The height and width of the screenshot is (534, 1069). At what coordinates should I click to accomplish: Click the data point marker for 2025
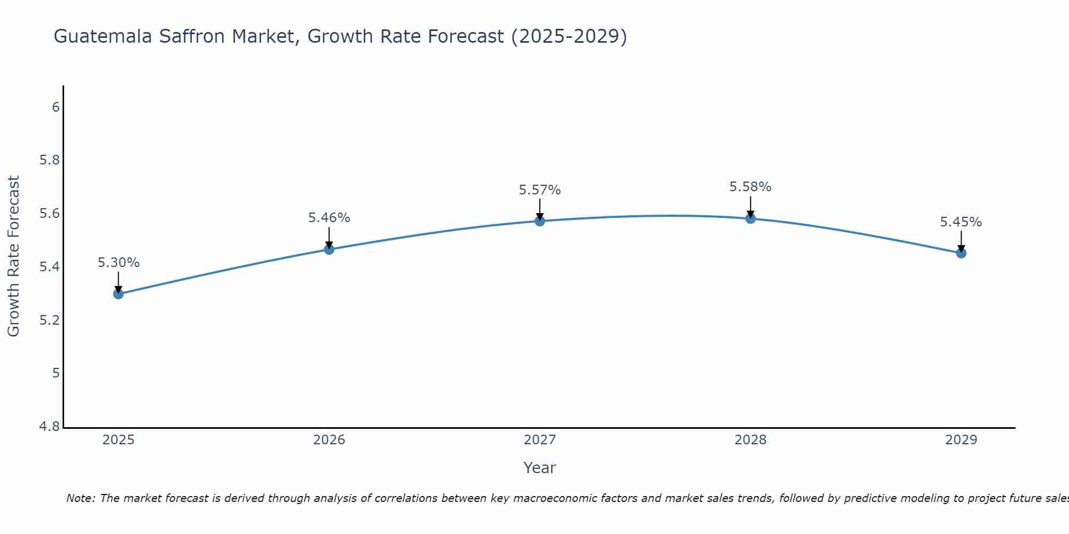click(x=118, y=294)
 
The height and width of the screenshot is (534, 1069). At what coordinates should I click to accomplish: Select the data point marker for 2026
click(x=329, y=249)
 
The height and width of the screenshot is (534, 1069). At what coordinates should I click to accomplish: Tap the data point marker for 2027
click(x=539, y=221)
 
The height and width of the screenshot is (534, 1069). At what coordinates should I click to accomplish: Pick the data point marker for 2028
click(x=750, y=218)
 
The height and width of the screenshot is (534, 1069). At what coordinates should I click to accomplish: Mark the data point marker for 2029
click(x=960, y=253)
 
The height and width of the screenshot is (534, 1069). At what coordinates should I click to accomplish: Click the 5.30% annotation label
click(x=118, y=263)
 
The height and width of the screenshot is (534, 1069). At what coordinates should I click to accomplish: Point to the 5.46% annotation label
click(x=329, y=218)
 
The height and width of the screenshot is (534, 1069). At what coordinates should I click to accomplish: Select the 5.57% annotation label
click(x=539, y=190)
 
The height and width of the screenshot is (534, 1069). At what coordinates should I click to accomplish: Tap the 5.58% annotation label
click(x=750, y=187)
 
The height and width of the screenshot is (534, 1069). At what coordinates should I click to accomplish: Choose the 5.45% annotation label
click(x=960, y=222)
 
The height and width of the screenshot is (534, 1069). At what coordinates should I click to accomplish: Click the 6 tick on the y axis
click(x=56, y=107)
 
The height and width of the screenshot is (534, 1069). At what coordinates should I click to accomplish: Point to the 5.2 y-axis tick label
click(x=50, y=320)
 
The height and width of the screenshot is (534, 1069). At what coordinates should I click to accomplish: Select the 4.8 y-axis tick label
click(x=50, y=427)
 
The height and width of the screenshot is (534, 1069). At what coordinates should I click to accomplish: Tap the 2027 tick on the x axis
click(x=539, y=440)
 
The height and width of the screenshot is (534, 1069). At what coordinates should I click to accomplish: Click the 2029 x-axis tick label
click(x=960, y=440)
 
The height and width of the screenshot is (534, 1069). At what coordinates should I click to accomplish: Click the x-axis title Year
click(x=539, y=468)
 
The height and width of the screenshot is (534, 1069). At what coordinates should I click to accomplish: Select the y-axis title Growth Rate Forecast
click(x=13, y=256)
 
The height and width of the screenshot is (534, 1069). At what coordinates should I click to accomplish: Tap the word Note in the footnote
click(x=80, y=498)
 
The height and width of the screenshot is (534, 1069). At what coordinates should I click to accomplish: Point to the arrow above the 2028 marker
click(x=750, y=206)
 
